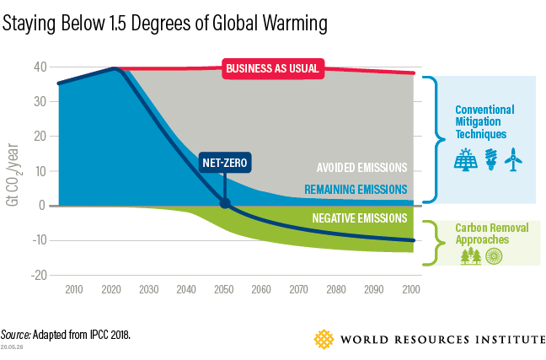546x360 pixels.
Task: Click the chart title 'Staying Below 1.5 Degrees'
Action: pos(165,23)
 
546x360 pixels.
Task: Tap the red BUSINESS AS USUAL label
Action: pos(273,69)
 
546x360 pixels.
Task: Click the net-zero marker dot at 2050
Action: pos(224,203)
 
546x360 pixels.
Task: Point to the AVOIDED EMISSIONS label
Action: pos(361,167)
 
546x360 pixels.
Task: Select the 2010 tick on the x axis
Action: pos(73,290)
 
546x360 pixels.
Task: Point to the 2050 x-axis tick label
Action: pos(222,290)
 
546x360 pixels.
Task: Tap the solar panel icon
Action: pos(464,160)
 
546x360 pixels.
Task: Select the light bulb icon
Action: pos(490,160)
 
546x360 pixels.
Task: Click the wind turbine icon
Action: pos(513,160)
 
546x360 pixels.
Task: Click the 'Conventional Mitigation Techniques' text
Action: pos(484,122)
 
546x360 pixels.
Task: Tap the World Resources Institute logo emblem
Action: pos(324,339)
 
